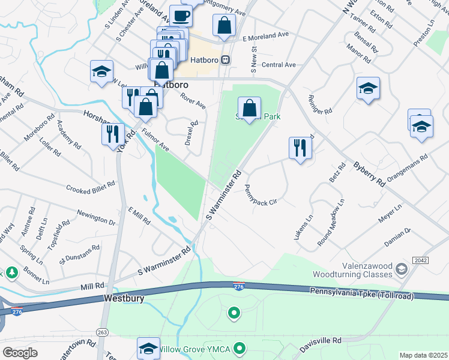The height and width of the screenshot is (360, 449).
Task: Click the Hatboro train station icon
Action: point(226,60)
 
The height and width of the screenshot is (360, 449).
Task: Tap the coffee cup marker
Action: point(181,16)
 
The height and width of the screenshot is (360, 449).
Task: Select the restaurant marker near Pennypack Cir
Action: point(300,148)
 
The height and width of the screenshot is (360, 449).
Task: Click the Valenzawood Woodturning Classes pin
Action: point(401,272)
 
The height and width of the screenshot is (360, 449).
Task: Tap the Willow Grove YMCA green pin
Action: point(240,348)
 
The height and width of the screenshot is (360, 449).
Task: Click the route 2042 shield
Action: point(421,260)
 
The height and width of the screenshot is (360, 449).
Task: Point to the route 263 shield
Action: point(101,332)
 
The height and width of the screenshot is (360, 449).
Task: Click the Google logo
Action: point(20,352)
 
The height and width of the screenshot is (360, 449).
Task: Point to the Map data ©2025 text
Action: point(423,355)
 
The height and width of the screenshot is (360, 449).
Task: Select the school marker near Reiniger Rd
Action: point(367,88)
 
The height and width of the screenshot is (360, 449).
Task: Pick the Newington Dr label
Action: point(96,216)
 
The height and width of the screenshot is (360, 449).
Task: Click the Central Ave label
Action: point(279,65)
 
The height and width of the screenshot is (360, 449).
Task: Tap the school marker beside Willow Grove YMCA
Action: point(148,348)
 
